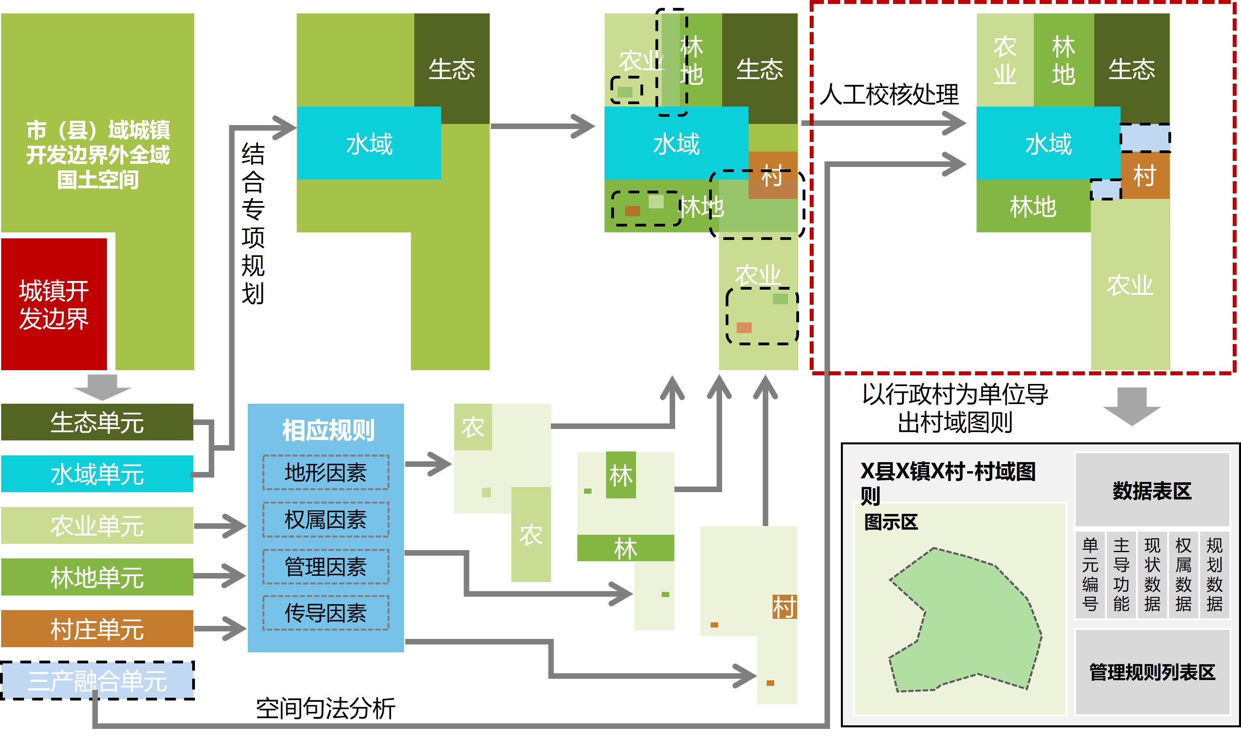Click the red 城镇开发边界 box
tap(54, 303)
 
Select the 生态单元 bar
tap(97, 422)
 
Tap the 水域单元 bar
tap(97, 474)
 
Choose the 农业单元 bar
tap(97, 525)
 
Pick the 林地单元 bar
tap(97, 577)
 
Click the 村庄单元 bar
tap(97, 628)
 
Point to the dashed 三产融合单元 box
tap(97, 680)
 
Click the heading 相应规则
tap(328, 430)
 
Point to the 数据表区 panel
tap(1151, 491)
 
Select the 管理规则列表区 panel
tap(1151, 672)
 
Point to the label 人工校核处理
tap(889, 94)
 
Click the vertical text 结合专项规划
tap(253, 223)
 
